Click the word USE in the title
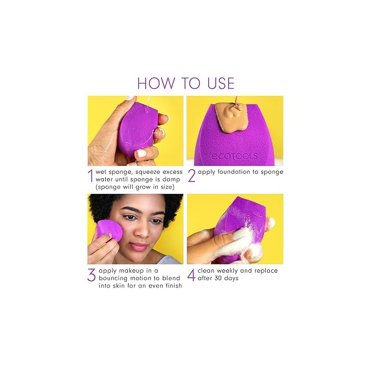coord(221,83)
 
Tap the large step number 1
coord(90,176)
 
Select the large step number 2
coord(192,176)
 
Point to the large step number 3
coord(91,275)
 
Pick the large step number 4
coord(191,275)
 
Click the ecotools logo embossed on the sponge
coord(234,156)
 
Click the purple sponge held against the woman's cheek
coord(108,230)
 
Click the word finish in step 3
coord(173,286)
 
